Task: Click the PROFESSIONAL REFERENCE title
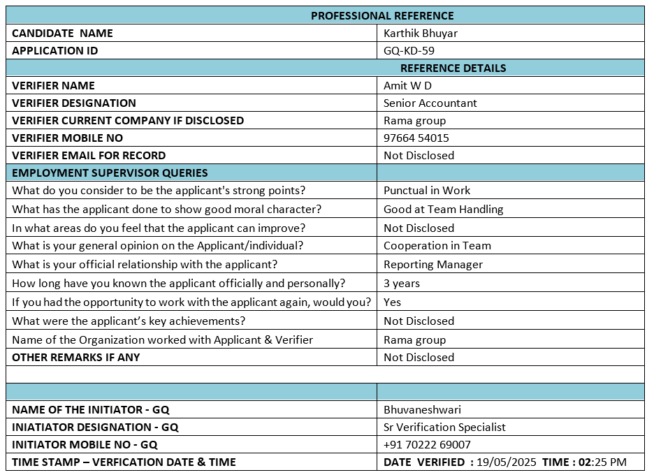(382, 15)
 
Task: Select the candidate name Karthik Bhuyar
(421, 33)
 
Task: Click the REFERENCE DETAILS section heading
(453, 68)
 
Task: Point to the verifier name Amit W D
(407, 85)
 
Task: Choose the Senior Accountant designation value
(430, 103)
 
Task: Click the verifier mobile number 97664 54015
(416, 138)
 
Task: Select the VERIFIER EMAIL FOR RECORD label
(89, 155)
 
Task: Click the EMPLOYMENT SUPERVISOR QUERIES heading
(110, 173)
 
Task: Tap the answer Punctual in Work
(426, 190)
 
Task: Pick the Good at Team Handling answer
(443, 209)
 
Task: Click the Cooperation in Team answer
(437, 245)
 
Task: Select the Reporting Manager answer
(432, 264)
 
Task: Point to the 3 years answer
(402, 283)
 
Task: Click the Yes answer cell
(392, 302)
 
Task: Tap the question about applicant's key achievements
(129, 321)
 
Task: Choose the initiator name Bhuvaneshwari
(422, 409)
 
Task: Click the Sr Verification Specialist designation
(444, 427)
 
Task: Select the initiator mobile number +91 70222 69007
(427, 444)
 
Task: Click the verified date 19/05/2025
(506, 462)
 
